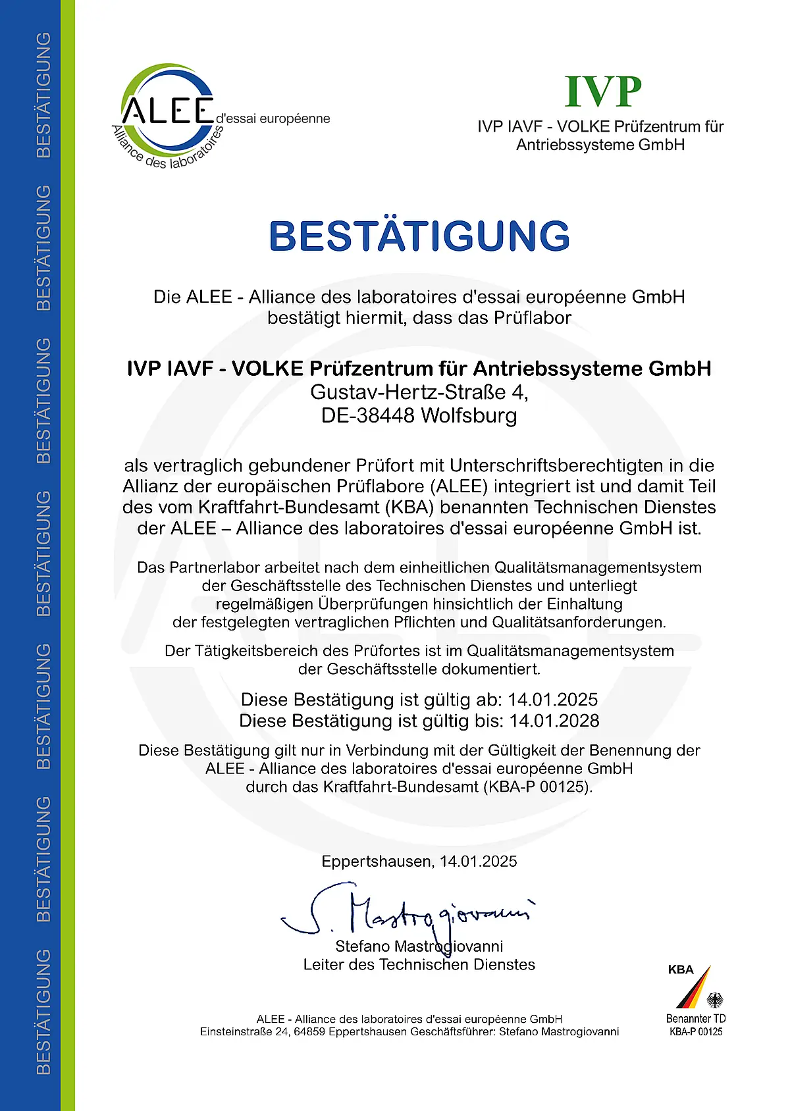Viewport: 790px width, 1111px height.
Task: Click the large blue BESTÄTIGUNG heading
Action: click(419, 236)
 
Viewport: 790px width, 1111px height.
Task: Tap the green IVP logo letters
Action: click(603, 91)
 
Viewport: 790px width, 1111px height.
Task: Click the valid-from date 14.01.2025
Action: click(553, 699)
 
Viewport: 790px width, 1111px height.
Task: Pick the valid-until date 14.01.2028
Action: click(554, 721)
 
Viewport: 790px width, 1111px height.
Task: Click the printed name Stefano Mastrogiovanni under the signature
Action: click(419, 946)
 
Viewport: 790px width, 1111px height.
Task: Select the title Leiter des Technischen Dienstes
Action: click(419, 965)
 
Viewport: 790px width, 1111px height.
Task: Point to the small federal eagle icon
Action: click(715, 1000)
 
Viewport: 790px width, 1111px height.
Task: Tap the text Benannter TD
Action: click(696, 1019)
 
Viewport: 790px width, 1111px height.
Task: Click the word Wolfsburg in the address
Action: click(469, 416)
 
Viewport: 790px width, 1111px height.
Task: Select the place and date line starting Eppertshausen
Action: click(419, 862)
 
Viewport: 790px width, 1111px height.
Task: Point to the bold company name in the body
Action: click(419, 369)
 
